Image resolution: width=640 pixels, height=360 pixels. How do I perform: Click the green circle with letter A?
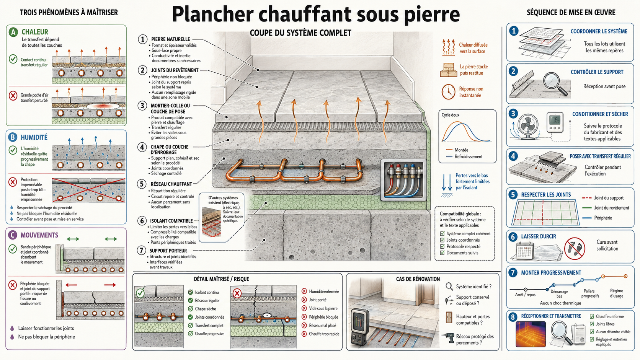click(13, 32)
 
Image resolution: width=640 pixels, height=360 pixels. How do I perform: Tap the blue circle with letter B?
click(13, 137)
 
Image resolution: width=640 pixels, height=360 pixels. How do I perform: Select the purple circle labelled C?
click(12, 235)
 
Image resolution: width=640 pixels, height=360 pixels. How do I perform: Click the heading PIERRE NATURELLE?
click(171, 39)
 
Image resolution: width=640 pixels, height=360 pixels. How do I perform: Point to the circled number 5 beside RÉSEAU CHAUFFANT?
click(142, 184)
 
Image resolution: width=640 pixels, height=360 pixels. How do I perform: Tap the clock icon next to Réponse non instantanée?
click(448, 92)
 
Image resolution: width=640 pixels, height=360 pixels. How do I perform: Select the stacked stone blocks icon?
click(448, 70)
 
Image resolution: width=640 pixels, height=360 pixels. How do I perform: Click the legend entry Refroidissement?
click(468, 157)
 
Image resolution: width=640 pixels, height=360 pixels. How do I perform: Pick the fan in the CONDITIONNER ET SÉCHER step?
click(528, 127)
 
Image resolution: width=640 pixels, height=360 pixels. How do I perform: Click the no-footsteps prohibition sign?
click(575, 248)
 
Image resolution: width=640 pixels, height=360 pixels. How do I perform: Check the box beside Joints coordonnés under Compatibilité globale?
click(442, 240)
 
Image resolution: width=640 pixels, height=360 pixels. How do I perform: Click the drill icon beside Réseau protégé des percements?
click(448, 339)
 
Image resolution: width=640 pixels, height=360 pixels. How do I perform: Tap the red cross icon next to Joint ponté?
click(304, 300)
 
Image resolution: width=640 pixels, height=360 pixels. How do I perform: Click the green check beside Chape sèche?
click(191, 309)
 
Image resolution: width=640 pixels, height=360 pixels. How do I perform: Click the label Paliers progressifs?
click(590, 293)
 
